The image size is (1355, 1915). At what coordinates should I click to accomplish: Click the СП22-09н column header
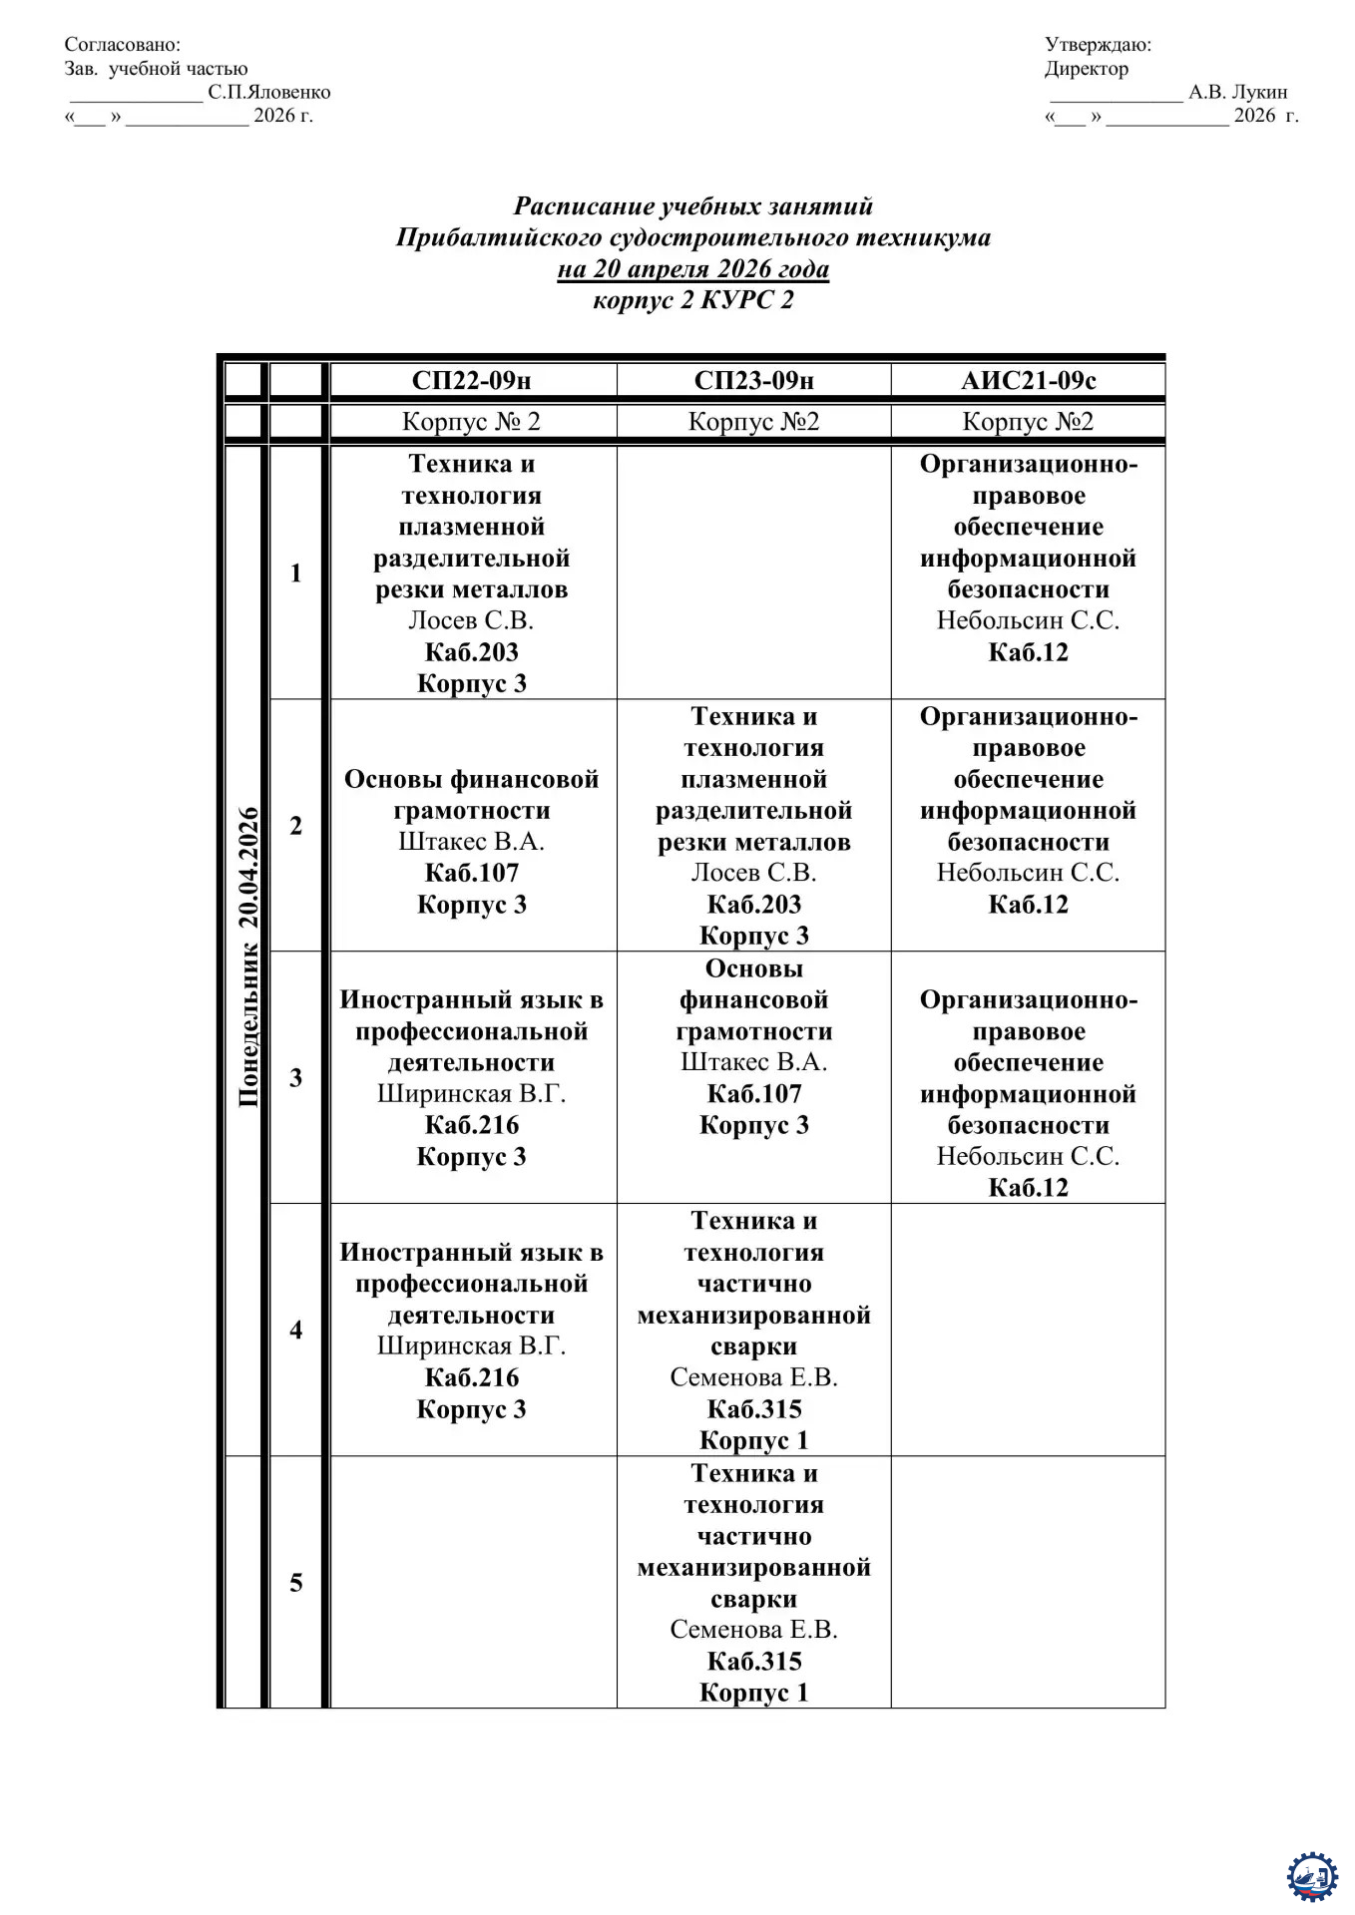(x=471, y=380)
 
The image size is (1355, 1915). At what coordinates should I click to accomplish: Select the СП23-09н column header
(x=753, y=380)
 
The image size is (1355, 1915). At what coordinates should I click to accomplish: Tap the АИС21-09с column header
(x=1028, y=380)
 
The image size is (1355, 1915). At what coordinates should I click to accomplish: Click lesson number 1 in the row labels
(x=295, y=573)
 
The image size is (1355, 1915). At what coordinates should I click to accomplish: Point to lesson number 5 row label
(x=295, y=1582)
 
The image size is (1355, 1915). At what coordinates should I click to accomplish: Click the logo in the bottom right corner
(x=1311, y=1876)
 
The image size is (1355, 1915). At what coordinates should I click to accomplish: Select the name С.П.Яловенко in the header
(x=268, y=92)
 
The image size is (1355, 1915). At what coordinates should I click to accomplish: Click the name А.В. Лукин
(x=1237, y=92)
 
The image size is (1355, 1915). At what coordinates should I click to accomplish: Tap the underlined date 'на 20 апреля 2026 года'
(x=692, y=268)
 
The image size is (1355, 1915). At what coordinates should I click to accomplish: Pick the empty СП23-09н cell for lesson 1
(x=753, y=573)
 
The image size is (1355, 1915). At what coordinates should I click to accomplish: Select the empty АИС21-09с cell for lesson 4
(x=1028, y=1329)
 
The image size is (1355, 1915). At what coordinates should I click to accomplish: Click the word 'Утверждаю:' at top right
(x=1098, y=44)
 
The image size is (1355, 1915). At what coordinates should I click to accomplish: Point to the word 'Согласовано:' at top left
(x=123, y=44)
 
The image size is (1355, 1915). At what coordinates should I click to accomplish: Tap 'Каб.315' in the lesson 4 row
(x=753, y=1408)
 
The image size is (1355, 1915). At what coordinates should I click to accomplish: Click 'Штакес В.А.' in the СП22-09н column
(x=471, y=841)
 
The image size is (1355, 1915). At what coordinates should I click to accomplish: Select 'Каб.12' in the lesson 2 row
(x=1028, y=904)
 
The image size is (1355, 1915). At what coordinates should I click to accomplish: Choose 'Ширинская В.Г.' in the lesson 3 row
(x=471, y=1093)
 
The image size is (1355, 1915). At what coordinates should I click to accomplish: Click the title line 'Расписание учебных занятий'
(x=692, y=205)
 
